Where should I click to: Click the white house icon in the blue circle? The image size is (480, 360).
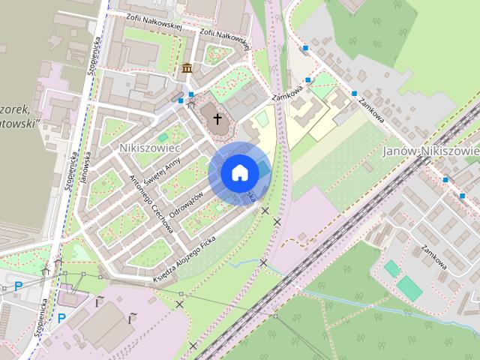click(x=239, y=172)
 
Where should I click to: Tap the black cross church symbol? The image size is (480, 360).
click(x=218, y=118)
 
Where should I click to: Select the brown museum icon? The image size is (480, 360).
click(x=186, y=69)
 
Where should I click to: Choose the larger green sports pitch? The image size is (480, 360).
click(x=408, y=286)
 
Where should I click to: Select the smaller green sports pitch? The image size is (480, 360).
click(x=391, y=268)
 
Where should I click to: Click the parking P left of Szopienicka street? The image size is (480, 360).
click(x=18, y=286)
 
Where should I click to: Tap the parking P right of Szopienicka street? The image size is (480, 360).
click(x=61, y=317)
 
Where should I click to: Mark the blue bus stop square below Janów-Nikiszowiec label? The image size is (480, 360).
click(x=445, y=179)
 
